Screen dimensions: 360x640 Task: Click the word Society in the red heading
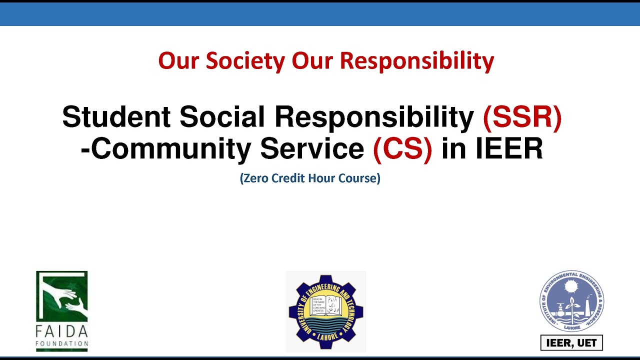coord(245,61)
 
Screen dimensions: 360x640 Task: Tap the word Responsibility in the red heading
coord(417,61)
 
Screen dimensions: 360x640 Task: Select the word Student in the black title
coord(116,117)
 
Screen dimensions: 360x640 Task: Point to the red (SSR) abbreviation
coord(522,117)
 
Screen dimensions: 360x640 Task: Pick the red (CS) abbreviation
coord(402,148)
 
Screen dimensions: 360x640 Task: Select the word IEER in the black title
coord(508,148)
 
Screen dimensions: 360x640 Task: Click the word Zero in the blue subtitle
coord(256,178)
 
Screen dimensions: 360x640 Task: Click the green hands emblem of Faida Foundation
coord(62,297)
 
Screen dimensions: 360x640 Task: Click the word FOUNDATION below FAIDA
coord(62,343)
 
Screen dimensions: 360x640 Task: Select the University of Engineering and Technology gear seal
coord(326,311)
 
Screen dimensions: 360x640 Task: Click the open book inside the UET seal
coord(326,305)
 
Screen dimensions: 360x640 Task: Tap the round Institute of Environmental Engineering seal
coord(571,301)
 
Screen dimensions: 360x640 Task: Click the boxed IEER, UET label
coord(571,343)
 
